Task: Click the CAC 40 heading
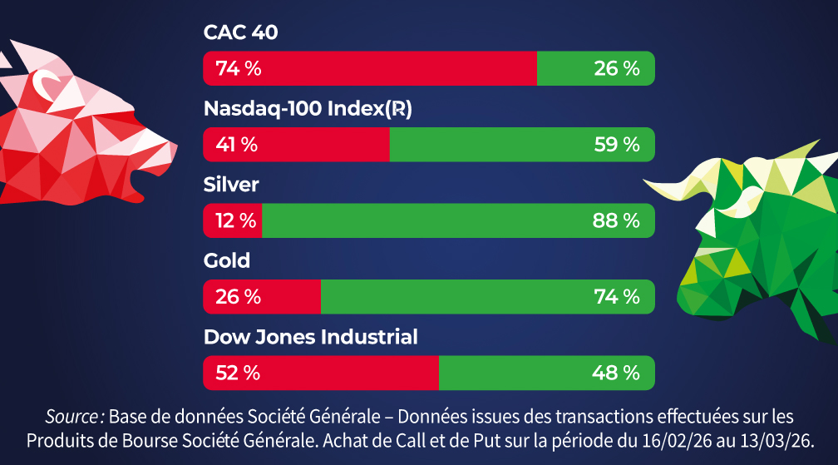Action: (240, 32)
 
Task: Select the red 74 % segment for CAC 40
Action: (370, 68)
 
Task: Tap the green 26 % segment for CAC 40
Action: (595, 68)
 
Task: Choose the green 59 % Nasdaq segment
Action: (522, 145)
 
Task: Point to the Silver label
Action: (231, 185)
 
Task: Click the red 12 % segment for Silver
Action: (233, 220)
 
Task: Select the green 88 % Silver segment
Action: (458, 220)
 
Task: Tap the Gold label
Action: (227, 261)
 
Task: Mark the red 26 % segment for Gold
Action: (262, 296)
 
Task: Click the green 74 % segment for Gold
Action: (487, 296)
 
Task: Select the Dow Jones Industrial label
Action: (310, 337)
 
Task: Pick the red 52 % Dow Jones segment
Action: (321, 373)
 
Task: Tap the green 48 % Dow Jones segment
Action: (546, 373)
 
